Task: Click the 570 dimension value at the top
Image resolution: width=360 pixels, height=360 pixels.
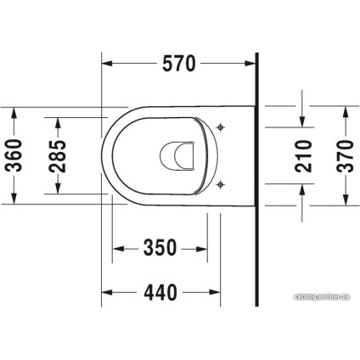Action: (178, 63)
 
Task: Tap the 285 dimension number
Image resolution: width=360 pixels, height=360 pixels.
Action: (58, 155)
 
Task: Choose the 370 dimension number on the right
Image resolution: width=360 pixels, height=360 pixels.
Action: (346, 155)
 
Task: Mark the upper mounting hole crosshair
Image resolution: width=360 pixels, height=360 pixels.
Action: (221, 128)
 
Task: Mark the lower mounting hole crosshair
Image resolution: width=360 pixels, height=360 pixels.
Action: (221, 183)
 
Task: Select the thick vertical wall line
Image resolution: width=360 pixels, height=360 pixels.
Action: (256, 178)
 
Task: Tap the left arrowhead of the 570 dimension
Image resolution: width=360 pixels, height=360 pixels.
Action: (106, 63)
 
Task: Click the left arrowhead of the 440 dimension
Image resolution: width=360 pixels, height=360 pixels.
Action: (106, 293)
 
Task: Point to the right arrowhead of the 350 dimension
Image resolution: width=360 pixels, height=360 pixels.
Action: (203, 248)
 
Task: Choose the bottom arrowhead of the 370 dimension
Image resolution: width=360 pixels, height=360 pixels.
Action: (346, 200)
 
